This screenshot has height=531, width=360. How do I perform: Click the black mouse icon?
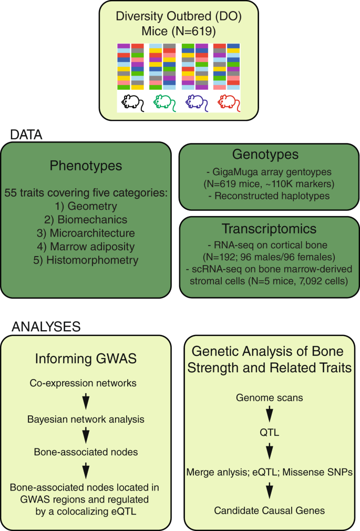[132, 101]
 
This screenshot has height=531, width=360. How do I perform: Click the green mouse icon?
[164, 101]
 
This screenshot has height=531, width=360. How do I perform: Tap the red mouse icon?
[229, 101]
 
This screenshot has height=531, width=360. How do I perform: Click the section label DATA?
[27, 135]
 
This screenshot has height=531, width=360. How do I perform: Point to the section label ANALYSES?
[46, 326]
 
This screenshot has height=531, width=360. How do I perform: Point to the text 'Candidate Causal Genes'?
[269, 510]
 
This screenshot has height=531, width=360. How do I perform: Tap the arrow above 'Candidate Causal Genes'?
[269, 490]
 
